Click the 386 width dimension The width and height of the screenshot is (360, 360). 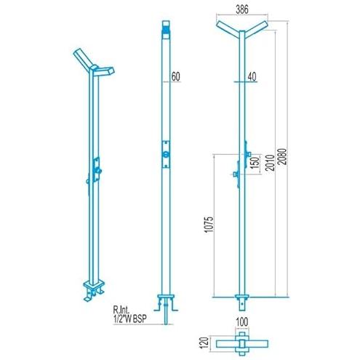coord(242,9)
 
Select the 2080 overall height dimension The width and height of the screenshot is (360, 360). coord(282,156)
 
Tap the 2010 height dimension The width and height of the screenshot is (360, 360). coord(270,162)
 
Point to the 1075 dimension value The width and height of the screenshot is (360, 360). coord(209,225)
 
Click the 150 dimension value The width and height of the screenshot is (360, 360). coord(256,164)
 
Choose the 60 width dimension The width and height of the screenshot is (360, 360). coord(176,76)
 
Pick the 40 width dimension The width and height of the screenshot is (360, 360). coord(252,76)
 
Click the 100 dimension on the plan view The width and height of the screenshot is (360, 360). coord(242,321)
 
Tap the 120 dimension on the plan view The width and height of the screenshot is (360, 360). coord(205,343)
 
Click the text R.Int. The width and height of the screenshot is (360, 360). coord(121,310)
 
